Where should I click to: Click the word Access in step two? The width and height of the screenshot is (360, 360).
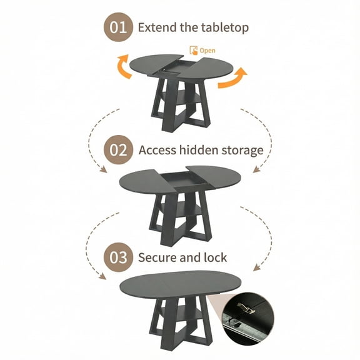tap(159, 150)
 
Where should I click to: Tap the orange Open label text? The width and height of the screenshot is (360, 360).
tap(207, 50)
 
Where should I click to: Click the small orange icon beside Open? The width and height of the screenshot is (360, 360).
tap(193, 49)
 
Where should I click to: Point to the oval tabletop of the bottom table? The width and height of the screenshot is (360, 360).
tap(181, 287)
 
